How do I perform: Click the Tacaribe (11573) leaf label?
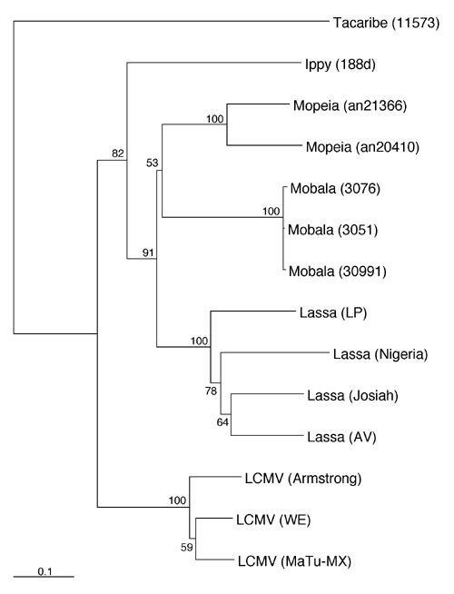coord(386,24)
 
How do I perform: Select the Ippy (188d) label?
coord(340,65)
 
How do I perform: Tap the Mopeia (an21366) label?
coord(350,106)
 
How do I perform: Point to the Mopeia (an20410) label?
coord(362,147)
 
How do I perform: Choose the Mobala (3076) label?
coord(335,189)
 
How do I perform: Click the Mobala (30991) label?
coord(338,272)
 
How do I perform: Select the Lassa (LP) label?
coord(333,313)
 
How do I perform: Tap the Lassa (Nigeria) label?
coord(380,354)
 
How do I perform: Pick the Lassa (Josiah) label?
coord(352,396)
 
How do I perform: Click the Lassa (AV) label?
coord(341,437)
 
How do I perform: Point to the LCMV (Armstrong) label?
coord(303,479)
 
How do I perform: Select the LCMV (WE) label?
coord(273,520)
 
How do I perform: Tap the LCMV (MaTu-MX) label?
coord(294,561)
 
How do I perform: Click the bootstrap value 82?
coord(118,153)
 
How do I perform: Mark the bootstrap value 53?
coord(153,163)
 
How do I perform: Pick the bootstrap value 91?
coord(149,252)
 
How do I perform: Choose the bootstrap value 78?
coord(211,391)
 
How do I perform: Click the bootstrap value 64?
coord(222,421)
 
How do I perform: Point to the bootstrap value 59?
coord(187,548)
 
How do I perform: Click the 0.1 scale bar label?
coord(44,571)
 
